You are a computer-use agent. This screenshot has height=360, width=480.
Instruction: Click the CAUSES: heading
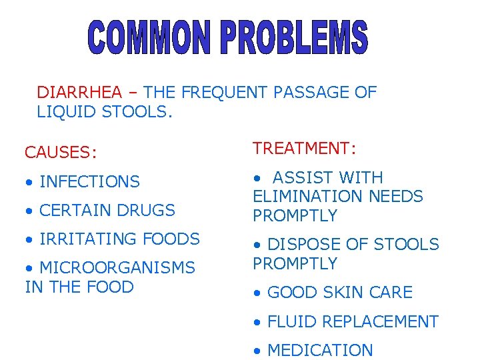click(61, 153)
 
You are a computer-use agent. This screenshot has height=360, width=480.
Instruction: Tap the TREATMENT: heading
click(303, 149)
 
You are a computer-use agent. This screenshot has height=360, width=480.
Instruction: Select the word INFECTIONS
click(90, 181)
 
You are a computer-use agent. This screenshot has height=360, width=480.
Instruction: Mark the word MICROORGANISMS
click(117, 267)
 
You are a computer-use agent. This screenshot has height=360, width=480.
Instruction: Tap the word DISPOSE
click(300, 245)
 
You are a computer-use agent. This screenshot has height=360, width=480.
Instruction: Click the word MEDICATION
click(320, 350)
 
